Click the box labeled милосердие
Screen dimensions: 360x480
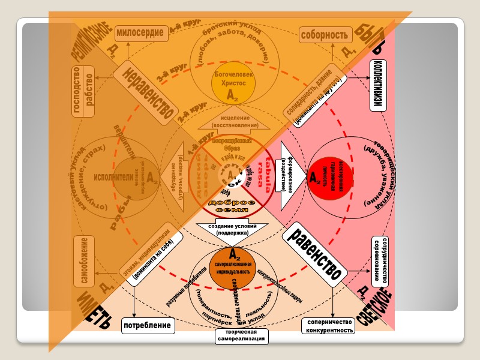(x=139, y=34)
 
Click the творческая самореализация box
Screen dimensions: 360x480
(x=241, y=336)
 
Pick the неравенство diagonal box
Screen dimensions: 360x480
(x=144, y=91)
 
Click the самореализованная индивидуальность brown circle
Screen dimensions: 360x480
(x=233, y=266)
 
